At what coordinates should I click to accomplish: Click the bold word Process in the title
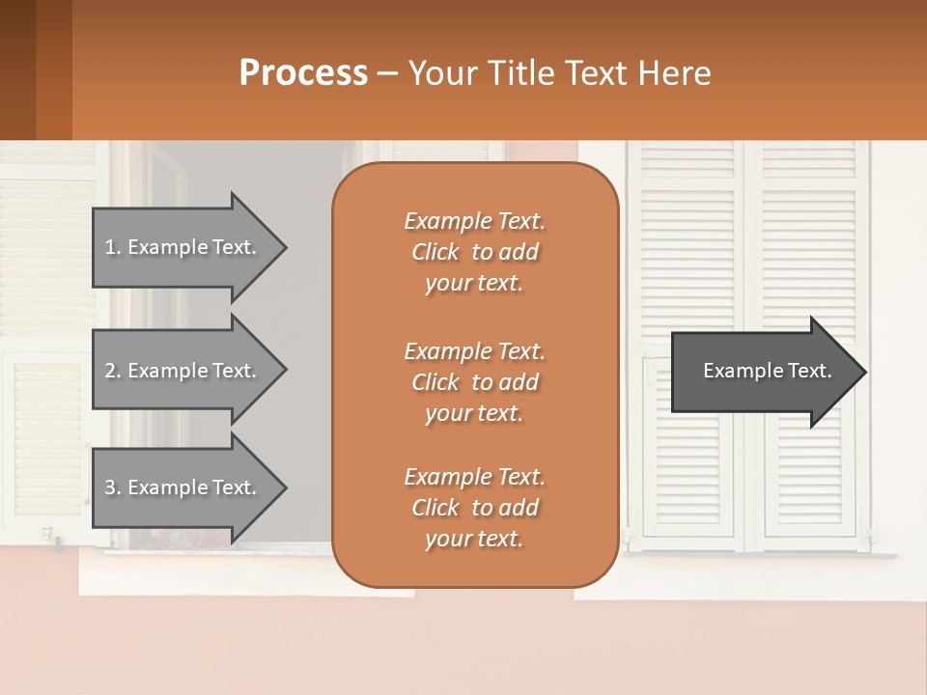[x=303, y=73]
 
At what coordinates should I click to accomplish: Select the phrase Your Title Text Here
[x=559, y=73]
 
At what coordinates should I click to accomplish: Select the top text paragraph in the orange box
[x=474, y=252]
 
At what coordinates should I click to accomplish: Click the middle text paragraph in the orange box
[x=474, y=382]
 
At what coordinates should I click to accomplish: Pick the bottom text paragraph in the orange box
[x=474, y=508]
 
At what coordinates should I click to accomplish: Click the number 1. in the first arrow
[x=113, y=248]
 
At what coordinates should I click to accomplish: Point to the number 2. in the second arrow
[x=113, y=371]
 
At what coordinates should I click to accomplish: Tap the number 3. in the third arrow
[x=113, y=488]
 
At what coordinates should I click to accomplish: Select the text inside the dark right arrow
[x=767, y=371]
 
